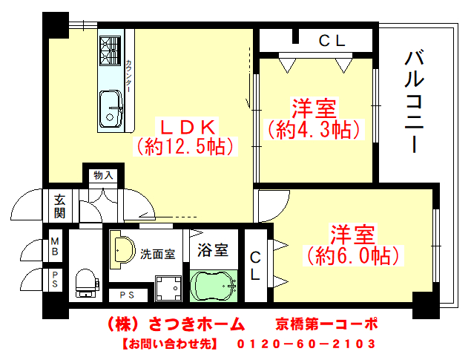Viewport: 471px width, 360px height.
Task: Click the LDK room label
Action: point(188,128)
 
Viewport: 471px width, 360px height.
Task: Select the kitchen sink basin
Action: point(111,109)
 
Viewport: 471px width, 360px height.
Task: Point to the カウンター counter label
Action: point(128,76)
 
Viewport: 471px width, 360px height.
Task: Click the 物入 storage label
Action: point(103,175)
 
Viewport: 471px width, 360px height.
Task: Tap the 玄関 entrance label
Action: point(59,206)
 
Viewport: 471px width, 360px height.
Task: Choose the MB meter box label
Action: point(55,246)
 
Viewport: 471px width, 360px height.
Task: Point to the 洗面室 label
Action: point(158,254)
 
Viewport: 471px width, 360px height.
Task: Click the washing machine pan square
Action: point(168,288)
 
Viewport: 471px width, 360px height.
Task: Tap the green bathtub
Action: point(214,286)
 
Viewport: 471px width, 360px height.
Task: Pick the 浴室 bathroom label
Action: point(213,250)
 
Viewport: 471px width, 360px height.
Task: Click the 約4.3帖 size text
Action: point(314,130)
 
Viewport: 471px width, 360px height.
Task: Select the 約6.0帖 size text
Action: point(352,256)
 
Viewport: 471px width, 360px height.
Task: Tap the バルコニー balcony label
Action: point(414,102)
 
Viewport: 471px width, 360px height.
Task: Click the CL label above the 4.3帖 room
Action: point(332,41)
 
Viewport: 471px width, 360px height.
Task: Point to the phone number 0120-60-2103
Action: point(306,344)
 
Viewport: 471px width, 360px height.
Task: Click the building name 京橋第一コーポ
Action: point(326,324)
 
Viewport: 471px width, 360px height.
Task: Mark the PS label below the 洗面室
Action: point(127,295)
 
